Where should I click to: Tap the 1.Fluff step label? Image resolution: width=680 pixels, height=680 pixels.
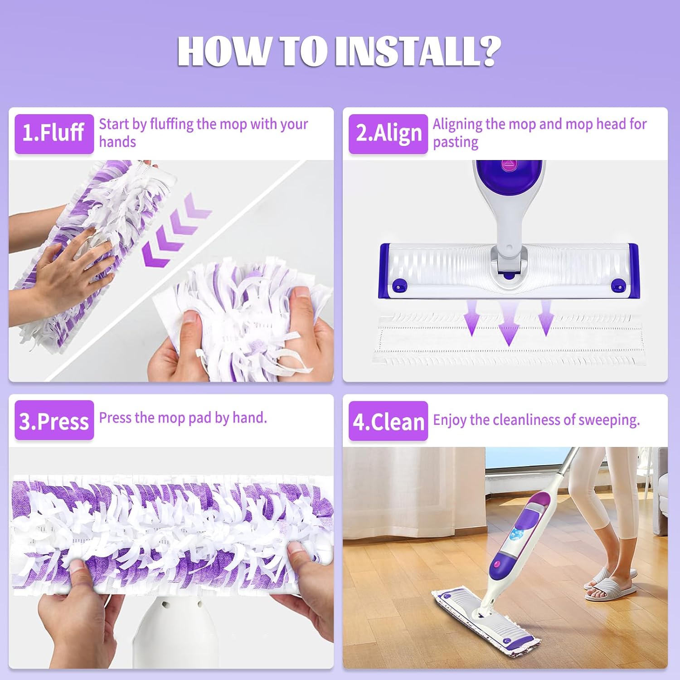click(x=54, y=133)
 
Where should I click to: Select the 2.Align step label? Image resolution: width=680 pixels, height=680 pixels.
click(x=388, y=133)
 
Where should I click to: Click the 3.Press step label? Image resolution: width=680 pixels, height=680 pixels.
click(x=54, y=420)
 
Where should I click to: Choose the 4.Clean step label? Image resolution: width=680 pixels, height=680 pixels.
click(x=388, y=421)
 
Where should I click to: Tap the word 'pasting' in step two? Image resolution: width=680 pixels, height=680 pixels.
click(x=455, y=142)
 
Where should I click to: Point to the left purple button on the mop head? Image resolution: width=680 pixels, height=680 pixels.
click(x=399, y=286)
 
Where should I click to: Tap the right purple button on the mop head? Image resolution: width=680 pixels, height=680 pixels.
click(x=618, y=286)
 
